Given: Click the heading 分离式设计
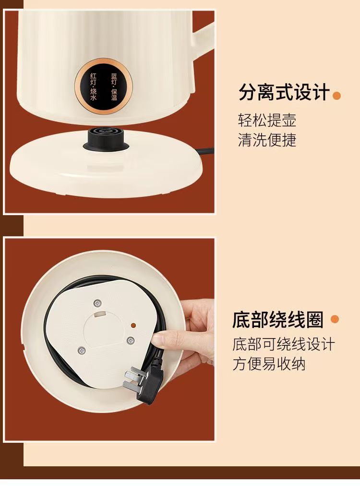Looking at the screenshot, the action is coord(284,92).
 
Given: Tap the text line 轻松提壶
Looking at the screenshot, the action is coord(267,120).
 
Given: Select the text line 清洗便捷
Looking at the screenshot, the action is coord(267,140).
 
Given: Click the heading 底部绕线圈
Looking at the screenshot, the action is coord(278,319).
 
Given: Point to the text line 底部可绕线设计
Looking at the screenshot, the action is coord(284,344).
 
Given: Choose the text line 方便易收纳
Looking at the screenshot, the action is coord(269,364).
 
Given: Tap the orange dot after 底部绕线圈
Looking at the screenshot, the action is coord(335,319).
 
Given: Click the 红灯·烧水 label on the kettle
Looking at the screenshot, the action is coord(93,86).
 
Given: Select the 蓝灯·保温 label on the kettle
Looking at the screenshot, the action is coord(114,86).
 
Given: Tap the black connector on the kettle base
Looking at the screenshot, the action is coord(105,139).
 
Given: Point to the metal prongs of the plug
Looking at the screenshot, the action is coord(132,377).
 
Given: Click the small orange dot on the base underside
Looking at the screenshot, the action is coord(133,326).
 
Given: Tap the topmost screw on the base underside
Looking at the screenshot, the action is coord(97,303).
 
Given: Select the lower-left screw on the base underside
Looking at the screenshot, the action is coord(82,351).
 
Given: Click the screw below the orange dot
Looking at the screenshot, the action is coord(130,340).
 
